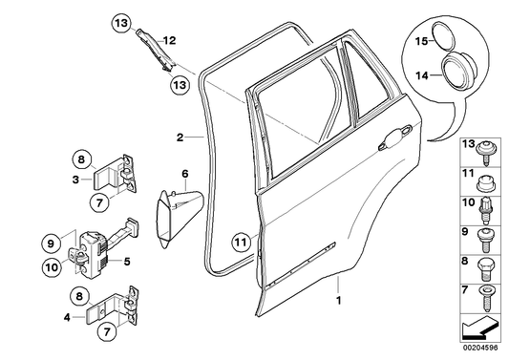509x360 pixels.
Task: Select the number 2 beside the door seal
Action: (x=179, y=137)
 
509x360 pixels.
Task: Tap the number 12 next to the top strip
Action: (x=169, y=40)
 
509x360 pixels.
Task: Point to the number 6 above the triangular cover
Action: (x=186, y=174)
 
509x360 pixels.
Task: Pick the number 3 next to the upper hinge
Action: (x=75, y=178)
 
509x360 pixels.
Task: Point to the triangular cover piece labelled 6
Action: (x=177, y=216)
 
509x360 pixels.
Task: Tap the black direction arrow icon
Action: (x=477, y=330)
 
